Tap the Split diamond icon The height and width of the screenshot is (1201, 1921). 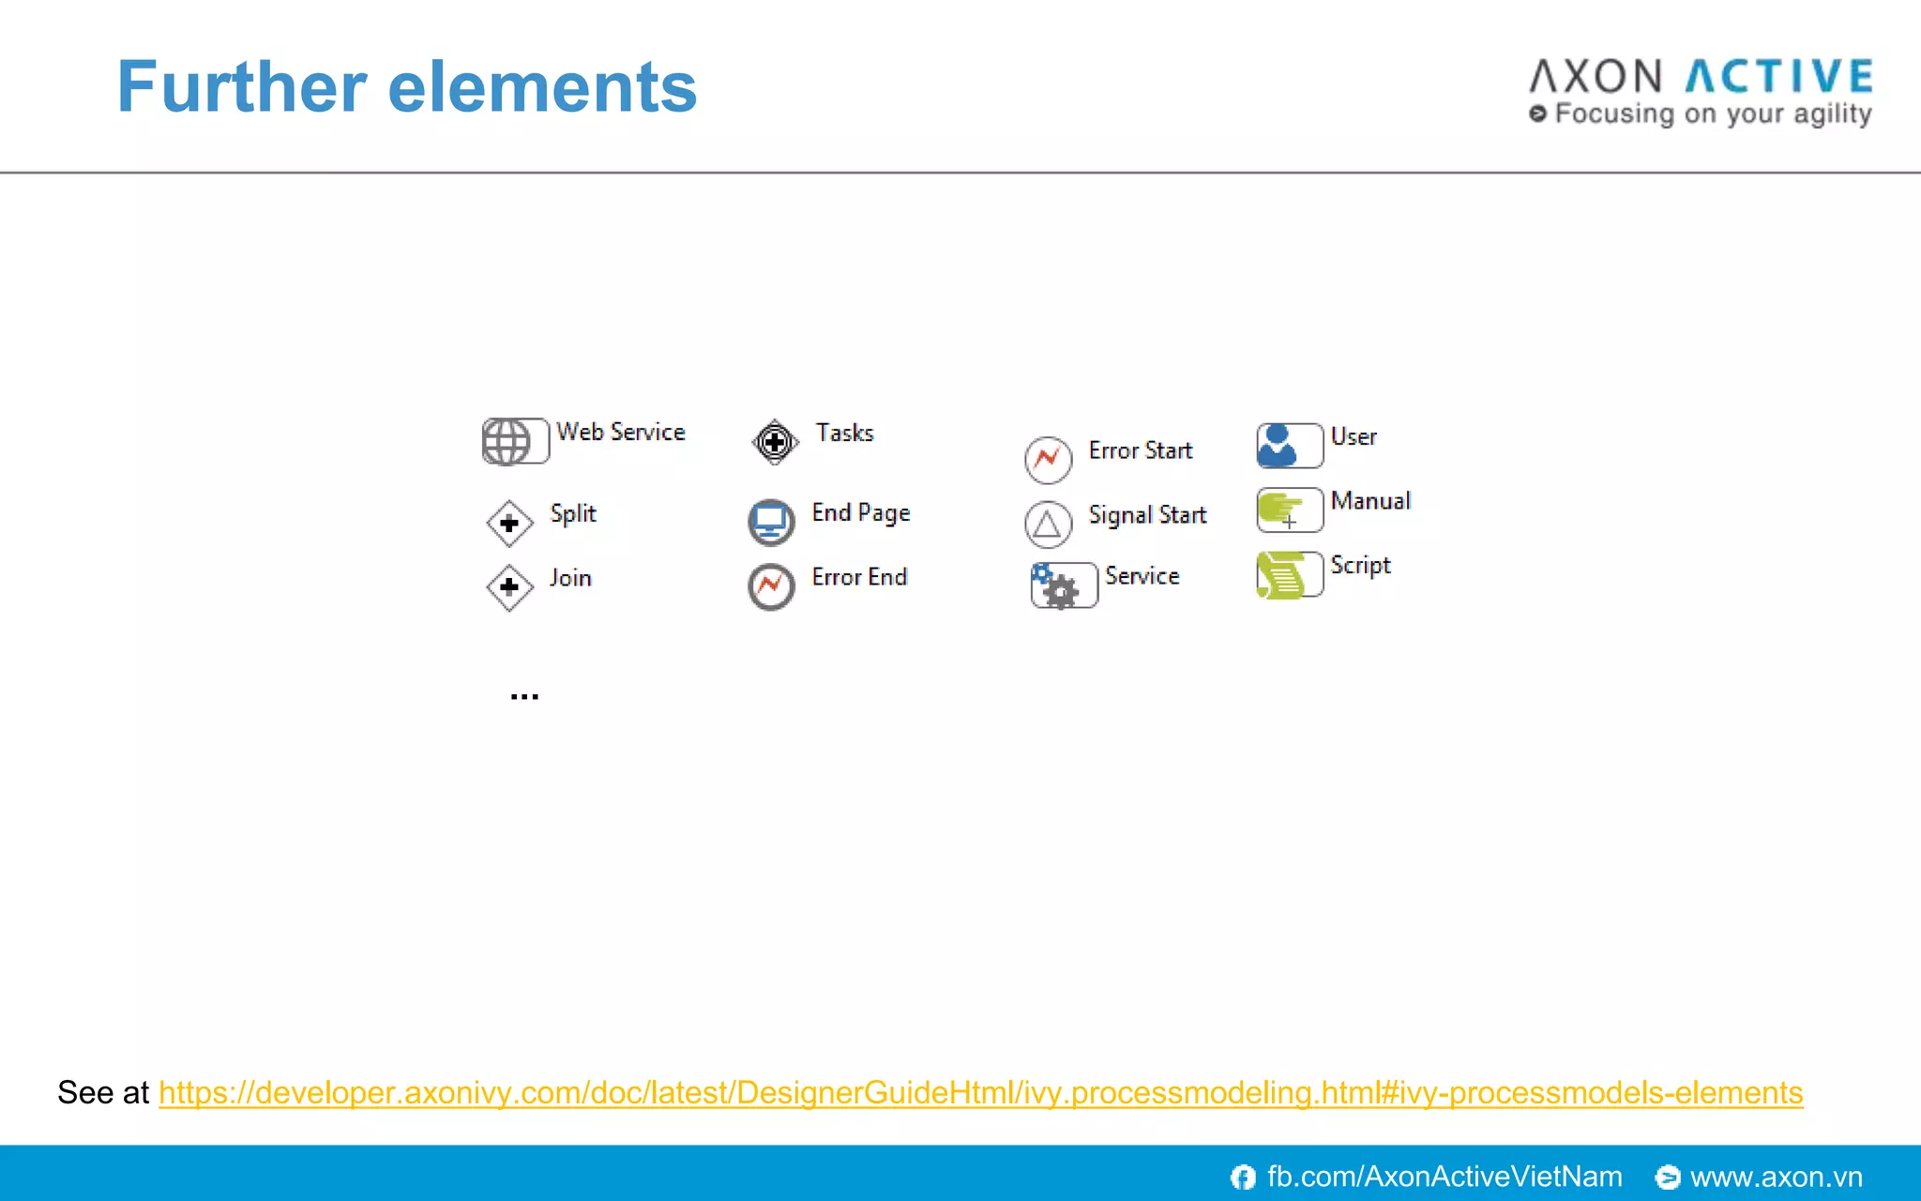(x=509, y=523)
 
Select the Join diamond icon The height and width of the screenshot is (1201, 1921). (x=509, y=587)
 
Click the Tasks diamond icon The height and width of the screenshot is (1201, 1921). (x=775, y=441)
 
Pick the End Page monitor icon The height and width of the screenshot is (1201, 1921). (x=771, y=522)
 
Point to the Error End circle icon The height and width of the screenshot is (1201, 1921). (x=771, y=586)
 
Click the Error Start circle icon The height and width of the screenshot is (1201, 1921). (x=1048, y=460)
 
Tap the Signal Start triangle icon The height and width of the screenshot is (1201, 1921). (x=1048, y=524)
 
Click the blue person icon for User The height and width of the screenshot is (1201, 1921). (x=1278, y=445)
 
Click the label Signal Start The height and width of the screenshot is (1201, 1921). (x=1147, y=515)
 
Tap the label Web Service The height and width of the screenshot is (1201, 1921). (x=620, y=432)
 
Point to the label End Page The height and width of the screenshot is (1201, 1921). (x=860, y=513)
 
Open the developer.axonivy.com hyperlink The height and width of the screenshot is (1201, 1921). (x=980, y=1092)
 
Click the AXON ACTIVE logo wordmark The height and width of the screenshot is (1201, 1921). (x=1701, y=77)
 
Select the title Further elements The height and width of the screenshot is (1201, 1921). (x=407, y=87)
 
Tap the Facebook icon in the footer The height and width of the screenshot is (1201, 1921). (x=1243, y=1177)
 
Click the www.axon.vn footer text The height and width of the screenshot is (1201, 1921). (x=1776, y=1177)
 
